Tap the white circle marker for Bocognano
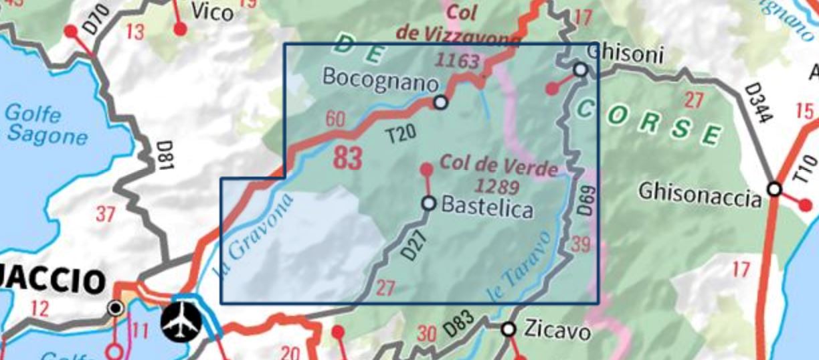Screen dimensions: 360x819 440,102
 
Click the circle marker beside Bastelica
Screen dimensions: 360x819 429,203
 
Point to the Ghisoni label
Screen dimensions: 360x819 624,54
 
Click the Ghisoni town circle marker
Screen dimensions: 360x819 581,70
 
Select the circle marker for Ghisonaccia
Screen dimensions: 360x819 774,189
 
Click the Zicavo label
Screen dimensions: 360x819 557,331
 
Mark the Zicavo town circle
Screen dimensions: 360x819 509,329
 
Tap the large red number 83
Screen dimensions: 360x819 347,159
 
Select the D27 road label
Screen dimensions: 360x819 413,246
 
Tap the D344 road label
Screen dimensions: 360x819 758,104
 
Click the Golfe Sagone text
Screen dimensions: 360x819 45,124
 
